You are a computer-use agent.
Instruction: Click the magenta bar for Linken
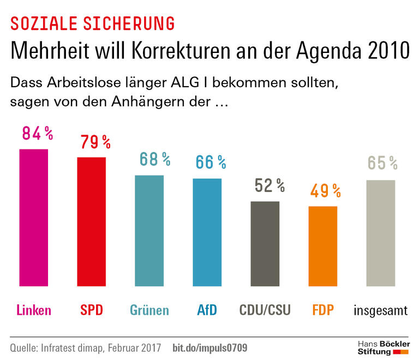(34, 218)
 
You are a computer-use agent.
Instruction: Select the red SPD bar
(92, 222)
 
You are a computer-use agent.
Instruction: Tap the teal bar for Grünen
(149, 231)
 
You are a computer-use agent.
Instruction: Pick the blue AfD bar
(207, 233)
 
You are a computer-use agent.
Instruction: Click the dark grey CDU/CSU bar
(265, 244)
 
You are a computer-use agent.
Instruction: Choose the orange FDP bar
(323, 247)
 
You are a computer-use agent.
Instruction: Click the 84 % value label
(37, 133)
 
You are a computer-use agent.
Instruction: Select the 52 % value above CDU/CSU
(270, 186)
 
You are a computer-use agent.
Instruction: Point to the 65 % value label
(382, 163)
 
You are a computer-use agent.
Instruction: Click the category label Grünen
(149, 310)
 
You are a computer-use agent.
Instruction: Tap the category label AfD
(207, 310)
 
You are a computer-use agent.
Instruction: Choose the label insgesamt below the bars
(381, 311)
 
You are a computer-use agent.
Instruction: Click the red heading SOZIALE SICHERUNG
(93, 23)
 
